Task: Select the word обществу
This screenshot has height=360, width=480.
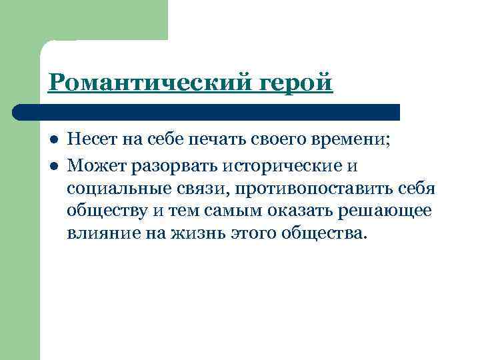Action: tap(108, 212)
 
